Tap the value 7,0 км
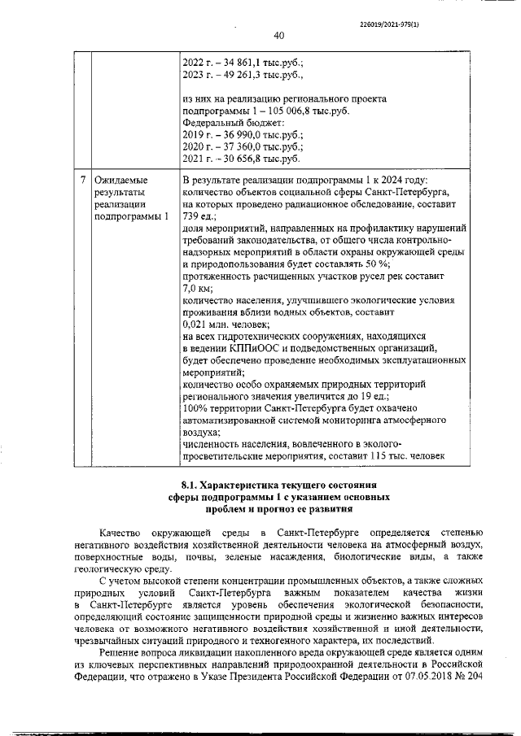click(197, 290)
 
